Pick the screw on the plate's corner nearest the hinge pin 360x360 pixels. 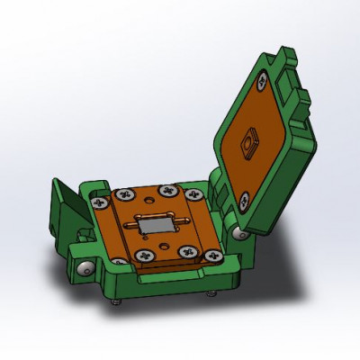coord(215,256)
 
